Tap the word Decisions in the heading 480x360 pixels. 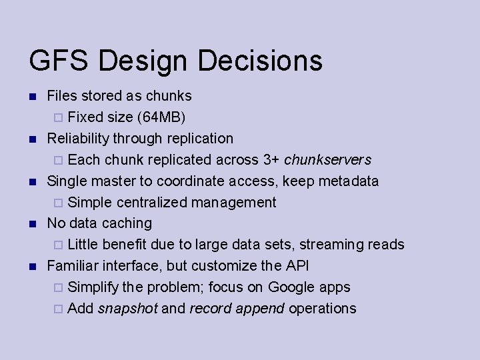click(261, 60)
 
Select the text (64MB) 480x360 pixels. click(161, 117)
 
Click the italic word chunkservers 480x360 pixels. click(327, 160)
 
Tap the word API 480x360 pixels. click(297, 266)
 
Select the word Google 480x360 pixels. click(294, 287)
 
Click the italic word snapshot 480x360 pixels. click(127, 309)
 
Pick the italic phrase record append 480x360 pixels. click(237, 309)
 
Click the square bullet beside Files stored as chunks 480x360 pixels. click(32, 97)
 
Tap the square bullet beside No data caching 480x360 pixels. click(32, 224)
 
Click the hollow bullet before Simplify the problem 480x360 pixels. click(58, 288)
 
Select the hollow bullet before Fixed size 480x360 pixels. click(58, 118)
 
